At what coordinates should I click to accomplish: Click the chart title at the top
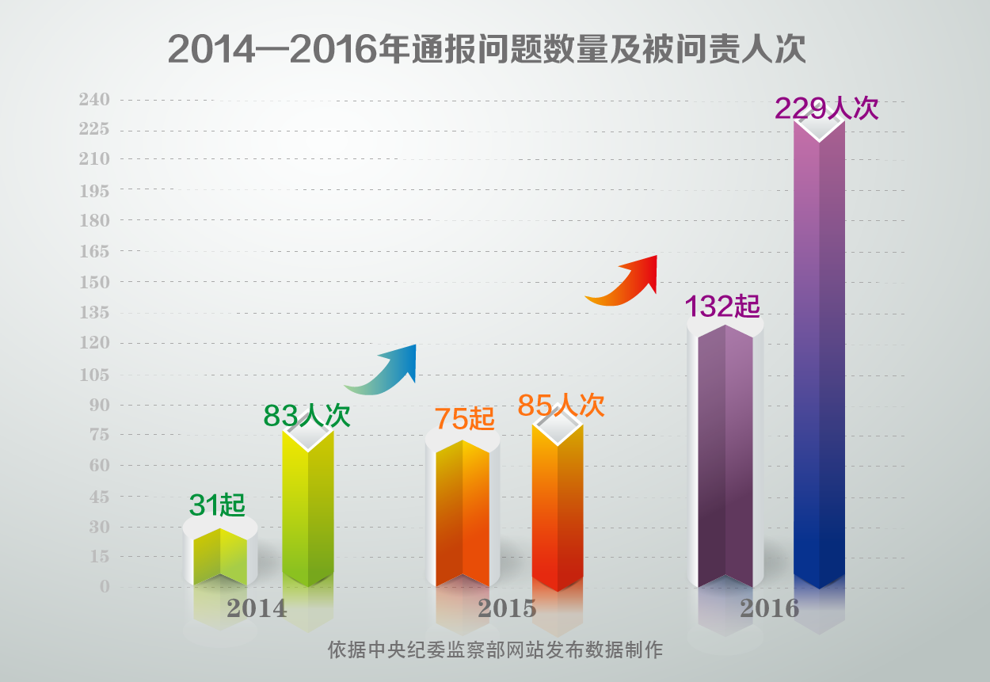tap(486, 50)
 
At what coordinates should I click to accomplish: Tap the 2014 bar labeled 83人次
tap(308, 507)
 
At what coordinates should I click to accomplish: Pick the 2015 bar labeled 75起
tap(462, 515)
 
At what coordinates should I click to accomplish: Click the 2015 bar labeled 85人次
tap(558, 507)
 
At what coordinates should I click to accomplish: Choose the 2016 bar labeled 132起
tap(725, 455)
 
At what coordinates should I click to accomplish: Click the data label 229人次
tap(827, 108)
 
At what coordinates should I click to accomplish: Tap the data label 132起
tap(722, 307)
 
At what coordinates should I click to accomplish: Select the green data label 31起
tap(217, 504)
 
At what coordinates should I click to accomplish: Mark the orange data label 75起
tap(464, 418)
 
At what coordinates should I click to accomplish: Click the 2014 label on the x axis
tap(257, 608)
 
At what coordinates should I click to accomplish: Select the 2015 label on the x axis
tap(507, 608)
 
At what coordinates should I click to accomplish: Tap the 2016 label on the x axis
tap(769, 608)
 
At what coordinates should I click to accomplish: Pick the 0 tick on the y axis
tap(105, 586)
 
